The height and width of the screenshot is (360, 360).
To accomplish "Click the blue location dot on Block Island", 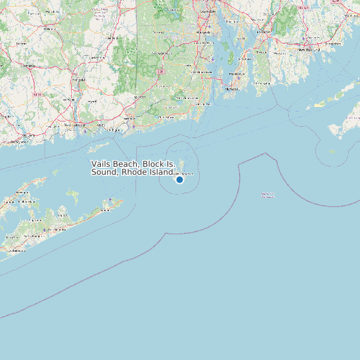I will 179,179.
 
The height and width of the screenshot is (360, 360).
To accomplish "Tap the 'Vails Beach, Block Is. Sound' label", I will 133,168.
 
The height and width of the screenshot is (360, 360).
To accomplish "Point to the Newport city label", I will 232,88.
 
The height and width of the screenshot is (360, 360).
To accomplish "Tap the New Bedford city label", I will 310,49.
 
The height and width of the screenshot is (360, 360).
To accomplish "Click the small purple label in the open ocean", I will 268,195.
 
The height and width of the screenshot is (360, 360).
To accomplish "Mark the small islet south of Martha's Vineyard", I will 331,151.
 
